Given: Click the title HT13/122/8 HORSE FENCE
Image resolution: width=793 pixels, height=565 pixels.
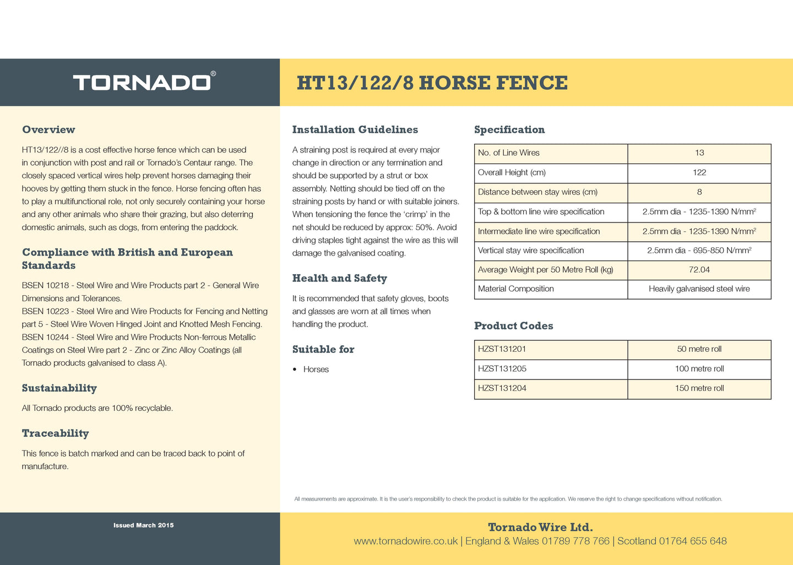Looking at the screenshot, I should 432,83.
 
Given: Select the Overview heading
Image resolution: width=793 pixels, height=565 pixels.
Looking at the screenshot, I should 48,130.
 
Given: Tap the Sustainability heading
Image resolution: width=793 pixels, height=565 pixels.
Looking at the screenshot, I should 59,388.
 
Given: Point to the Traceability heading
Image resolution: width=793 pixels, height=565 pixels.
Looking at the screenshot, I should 55,433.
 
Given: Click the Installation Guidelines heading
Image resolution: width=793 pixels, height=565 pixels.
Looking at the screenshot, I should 355,130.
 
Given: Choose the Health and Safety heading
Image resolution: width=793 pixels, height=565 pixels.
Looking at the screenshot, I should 339,279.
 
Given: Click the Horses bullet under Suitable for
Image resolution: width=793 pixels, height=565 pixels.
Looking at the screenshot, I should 316,370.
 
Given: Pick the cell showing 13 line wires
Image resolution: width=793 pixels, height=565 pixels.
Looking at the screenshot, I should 699,153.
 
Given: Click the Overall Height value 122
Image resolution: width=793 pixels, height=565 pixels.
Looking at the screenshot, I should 699,173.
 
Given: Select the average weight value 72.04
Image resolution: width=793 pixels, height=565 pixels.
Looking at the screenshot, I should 699,270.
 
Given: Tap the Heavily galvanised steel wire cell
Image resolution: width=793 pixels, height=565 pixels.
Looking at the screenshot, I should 699,289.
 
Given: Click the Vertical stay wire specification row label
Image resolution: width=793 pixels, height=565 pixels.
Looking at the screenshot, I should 531,251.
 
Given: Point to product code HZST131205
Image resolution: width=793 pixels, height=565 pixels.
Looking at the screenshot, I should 502,369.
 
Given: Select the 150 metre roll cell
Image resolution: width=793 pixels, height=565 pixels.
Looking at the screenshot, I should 699,388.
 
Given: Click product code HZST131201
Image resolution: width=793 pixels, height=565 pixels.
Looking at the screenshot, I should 502,349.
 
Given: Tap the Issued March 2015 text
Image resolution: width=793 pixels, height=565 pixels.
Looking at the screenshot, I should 143,525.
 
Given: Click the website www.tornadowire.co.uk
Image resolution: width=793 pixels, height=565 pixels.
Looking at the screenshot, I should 405,541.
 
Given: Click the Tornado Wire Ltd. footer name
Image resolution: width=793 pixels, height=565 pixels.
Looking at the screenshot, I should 540,528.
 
